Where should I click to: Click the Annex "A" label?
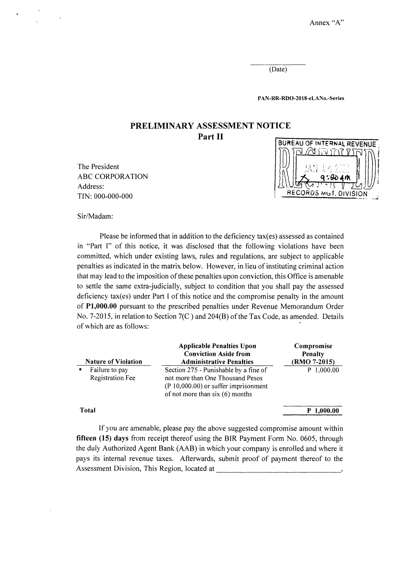(x=327, y=23)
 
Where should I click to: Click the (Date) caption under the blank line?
(x=278, y=69)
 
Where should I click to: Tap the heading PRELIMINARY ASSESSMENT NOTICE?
(x=210, y=126)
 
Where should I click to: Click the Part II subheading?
(x=210, y=137)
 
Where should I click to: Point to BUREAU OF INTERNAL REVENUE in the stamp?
(x=327, y=144)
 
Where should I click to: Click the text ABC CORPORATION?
(x=113, y=177)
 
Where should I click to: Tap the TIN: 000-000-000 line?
(x=105, y=196)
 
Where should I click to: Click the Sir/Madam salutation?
(x=95, y=216)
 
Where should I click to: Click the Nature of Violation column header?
(x=114, y=362)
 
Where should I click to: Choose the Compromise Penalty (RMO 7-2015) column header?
(x=313, y=354)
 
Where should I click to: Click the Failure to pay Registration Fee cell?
(x=113, y=374)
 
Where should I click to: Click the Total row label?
(x=88, y=410)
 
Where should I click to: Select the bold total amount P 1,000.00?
(x=323, y=411)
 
